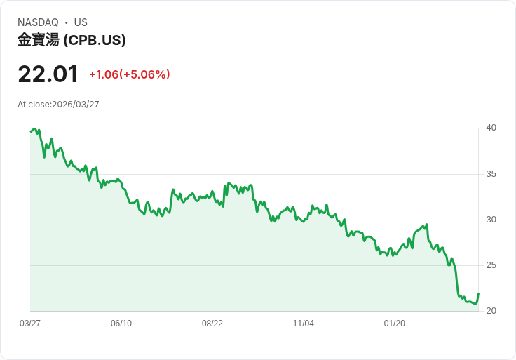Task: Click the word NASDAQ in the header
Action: (38, 22)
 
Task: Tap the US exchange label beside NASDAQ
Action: (81, 22)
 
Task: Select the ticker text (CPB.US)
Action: (95, 40)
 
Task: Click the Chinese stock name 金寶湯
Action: (39, 40)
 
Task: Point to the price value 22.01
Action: (48, 74)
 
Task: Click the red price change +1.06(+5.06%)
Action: (129, 74)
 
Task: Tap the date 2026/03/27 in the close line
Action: (76, 105)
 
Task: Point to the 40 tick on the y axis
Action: (491, 128)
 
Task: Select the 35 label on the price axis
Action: (491, 174)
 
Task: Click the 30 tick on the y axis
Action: (491, 220)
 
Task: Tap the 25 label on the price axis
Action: (491, 265)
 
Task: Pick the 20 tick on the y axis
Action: (491, 311)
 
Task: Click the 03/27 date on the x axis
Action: (30, 324)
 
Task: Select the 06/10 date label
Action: (121, 324)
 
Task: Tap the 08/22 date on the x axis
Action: (212, 324)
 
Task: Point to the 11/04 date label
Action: (304, 324)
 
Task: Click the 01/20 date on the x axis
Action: (395, 324)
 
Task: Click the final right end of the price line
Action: (478, 293)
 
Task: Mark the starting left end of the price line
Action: (31, 131)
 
